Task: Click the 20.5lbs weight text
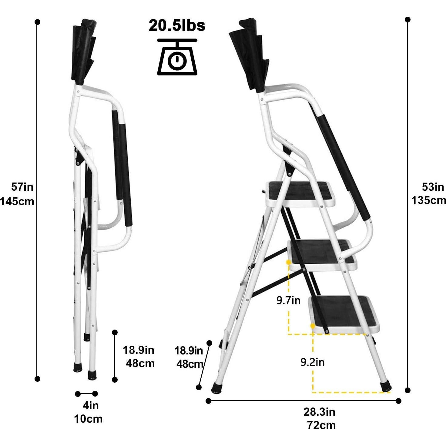click(x=177, y=25)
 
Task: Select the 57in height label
click(x=22, y=187)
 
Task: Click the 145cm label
click(x=17, y=201)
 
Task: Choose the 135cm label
click(x=429, y=200)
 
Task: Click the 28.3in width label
click(x=319, y=412)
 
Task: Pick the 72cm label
click(x=321, y=425)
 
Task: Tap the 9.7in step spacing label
click(x=288, y=300)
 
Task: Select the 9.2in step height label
click(x=312, y=362)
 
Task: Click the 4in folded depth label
click(x=91, y=405)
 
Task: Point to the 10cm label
click(x=88, y=419)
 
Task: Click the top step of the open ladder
click(x=300, y=193)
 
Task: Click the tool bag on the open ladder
click(x=249, y=55)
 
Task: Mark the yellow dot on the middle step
click(x=288, y=261)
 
